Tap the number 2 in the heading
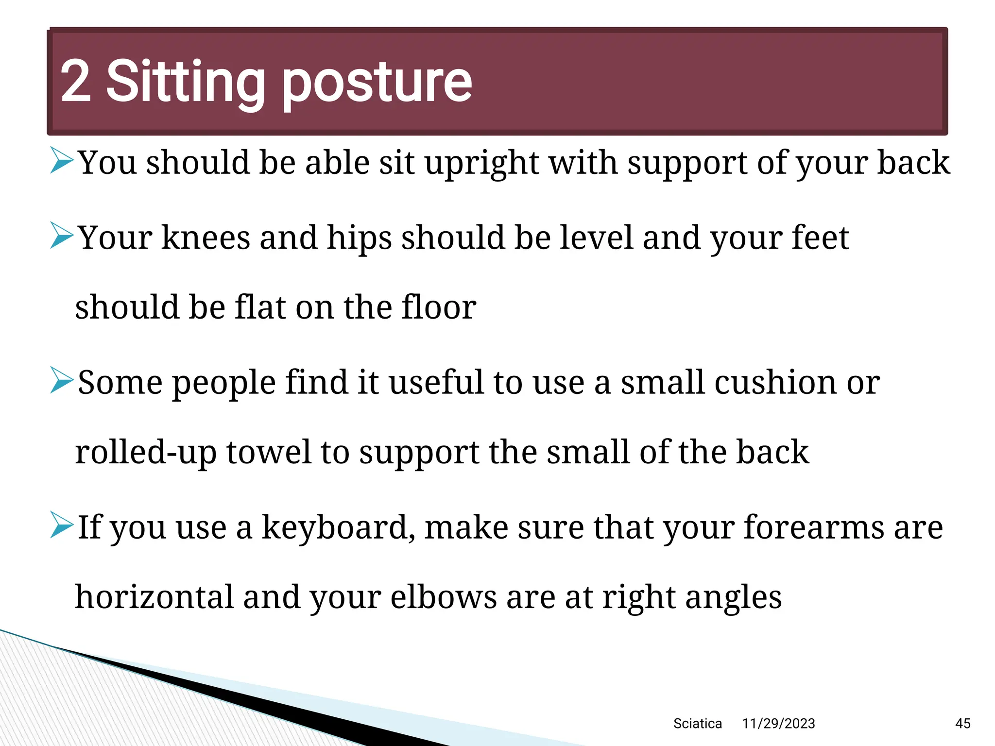75,82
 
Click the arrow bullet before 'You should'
62,161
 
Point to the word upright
481,163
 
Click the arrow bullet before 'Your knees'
62,236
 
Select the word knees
206,238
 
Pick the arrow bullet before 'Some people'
62,380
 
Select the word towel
269,452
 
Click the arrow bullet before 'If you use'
62,525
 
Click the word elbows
443,597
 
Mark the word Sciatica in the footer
697,724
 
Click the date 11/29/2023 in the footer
778,724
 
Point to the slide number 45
962,724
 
